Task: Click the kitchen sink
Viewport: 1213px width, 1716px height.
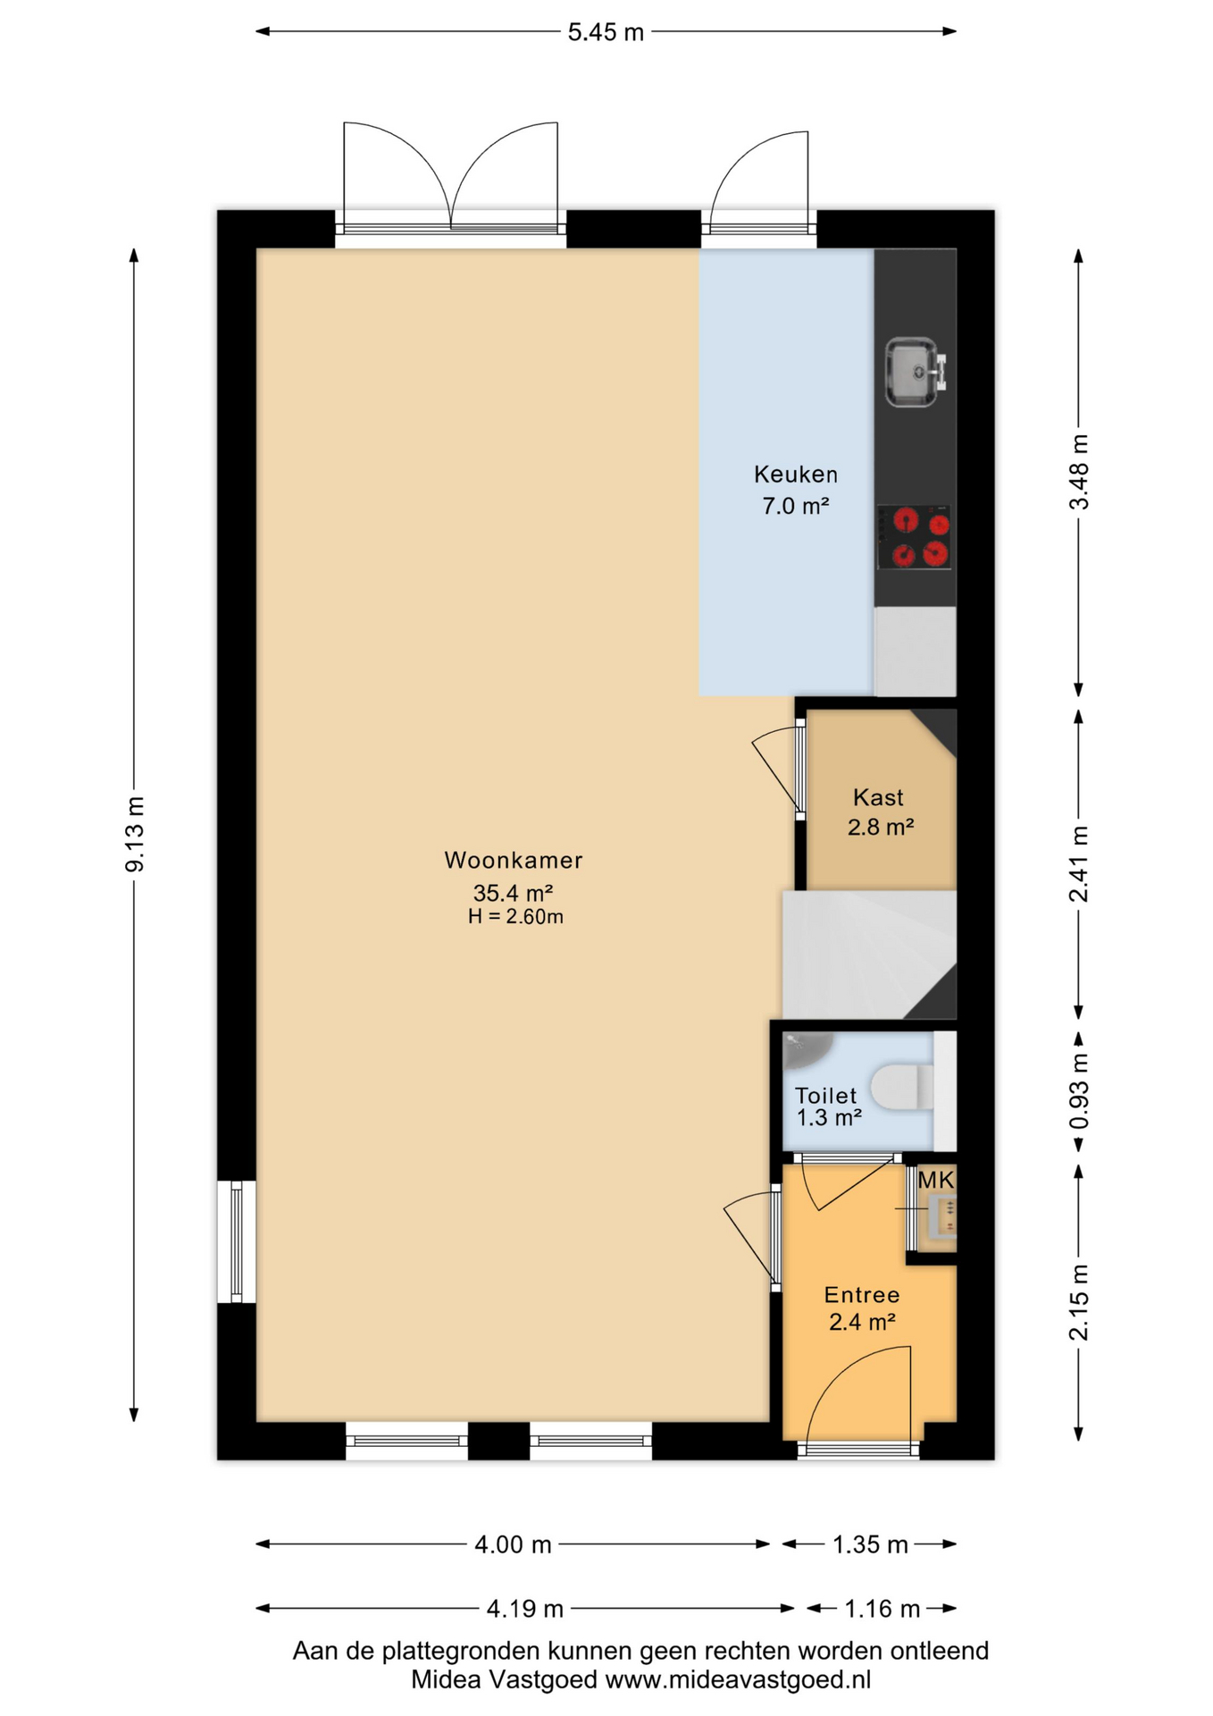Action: [915, 372]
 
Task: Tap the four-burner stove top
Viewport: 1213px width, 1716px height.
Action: [914, 537]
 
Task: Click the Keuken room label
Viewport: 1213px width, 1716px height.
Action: [796, 475]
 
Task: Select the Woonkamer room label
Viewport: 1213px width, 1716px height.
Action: [514, 861]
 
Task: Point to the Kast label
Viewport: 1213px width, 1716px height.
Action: [878, 797]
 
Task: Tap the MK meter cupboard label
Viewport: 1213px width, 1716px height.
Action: [936, 1180]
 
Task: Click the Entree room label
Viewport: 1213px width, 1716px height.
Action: [862, 1295]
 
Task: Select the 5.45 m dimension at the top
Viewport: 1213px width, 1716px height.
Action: [606, 32]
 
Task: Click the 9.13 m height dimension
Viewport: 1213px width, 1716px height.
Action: [135, 834]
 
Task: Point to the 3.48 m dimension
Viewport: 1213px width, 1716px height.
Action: [1079, 472]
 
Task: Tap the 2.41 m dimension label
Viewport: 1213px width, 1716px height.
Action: [1079, 864]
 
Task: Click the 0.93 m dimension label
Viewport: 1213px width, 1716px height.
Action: [1079, 1091]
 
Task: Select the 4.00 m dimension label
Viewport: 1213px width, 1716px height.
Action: [513, 1544]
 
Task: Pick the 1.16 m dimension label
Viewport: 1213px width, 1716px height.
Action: [883, 1609]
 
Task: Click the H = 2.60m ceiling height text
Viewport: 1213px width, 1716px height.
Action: [515, 916]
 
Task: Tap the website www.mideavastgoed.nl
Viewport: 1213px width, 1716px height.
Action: [738, 1679]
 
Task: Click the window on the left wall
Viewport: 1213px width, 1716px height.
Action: [237, 1241]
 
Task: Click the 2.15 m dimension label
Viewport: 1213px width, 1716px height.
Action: [1079, 1303]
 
